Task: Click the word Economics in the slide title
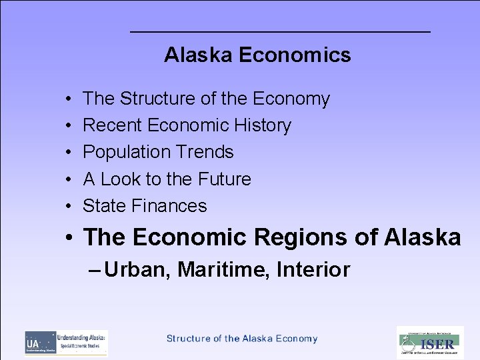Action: tap(294, 55)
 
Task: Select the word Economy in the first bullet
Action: tap(292, 99)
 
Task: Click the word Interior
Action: tap(313, 270)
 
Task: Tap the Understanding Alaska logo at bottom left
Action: tap(66, 343)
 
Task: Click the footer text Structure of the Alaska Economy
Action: tap(242, 339)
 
